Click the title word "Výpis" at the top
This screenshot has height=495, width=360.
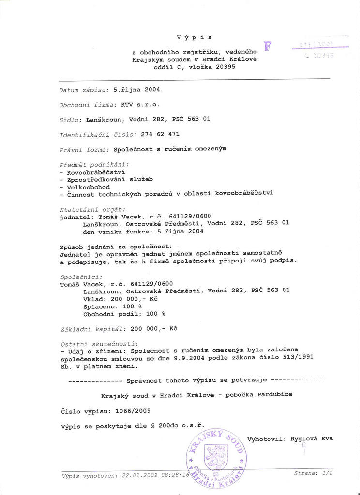[194, 37]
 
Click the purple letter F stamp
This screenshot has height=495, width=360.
[268, 46]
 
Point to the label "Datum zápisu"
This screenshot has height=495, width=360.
[84, 90]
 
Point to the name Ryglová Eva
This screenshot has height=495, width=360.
[312, 439]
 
